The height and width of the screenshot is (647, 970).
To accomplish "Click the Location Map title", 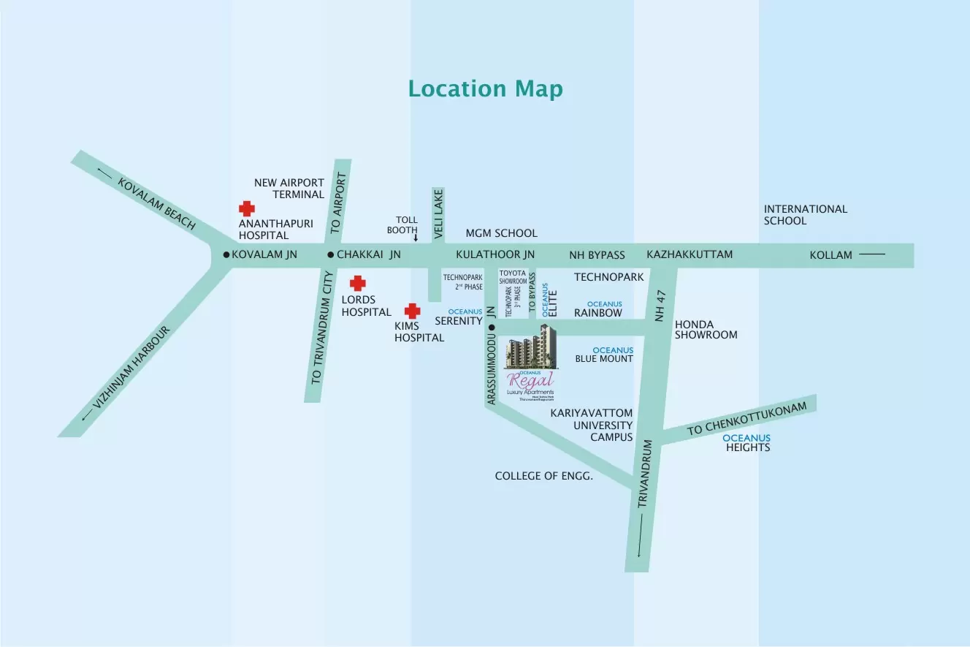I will pos(485,88).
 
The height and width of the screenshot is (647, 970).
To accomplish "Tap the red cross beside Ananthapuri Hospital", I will pos(247,209).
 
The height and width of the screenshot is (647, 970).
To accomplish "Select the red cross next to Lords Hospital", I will pos(357,284).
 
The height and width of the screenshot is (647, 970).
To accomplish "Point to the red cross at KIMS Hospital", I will pos(413,311).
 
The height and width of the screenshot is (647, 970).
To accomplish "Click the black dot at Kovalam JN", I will pos(226,255).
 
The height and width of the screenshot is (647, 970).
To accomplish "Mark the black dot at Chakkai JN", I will pos(330,255).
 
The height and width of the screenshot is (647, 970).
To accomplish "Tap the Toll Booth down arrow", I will pos(416,237).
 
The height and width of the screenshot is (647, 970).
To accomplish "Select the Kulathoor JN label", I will pos(495,254).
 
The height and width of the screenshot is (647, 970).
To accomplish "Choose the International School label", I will pos(795,214).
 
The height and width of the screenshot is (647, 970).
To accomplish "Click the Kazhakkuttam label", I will pos(690,254).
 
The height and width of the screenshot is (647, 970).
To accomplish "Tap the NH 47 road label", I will pos(662,306).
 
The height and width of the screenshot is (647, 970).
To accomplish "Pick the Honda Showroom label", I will pos(706,330).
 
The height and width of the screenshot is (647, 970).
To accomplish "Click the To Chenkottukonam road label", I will pos(746,419).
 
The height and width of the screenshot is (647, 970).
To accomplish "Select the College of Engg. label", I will pos(543,476).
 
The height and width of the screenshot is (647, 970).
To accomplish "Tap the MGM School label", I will pos(501,233).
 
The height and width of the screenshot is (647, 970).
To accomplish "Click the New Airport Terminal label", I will pos(289,189).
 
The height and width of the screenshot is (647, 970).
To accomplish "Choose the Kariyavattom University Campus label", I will pos(592,425).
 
